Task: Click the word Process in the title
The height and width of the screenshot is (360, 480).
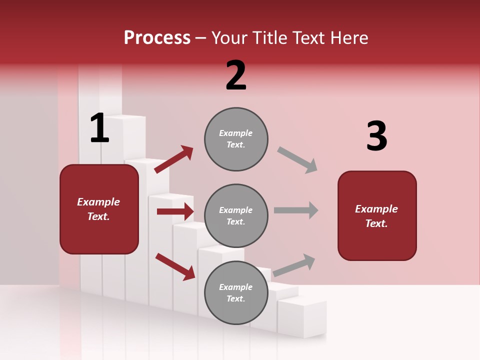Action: click(x=157, y=37)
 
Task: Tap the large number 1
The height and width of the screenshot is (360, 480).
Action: click(x=99, y=128)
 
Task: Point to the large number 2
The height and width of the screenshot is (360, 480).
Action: click(x=236, y=75)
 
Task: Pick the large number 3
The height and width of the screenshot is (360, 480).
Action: click(x=376, y=136)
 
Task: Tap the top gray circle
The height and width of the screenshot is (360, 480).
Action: click(x=236, y=139)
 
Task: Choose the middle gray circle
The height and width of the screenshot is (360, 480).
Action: click(x=236, y=216)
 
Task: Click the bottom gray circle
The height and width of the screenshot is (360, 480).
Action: click(x=236, y=293)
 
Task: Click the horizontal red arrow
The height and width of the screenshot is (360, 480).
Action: click(x=175, y=211)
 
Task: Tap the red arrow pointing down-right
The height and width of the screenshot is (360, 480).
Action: click(x=175, y=266)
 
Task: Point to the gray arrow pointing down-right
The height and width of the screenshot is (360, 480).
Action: click(x=297, y=160)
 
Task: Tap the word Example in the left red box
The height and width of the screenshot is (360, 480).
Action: click(x=98, y=202)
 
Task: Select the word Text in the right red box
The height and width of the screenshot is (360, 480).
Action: click(x=376, y=223)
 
